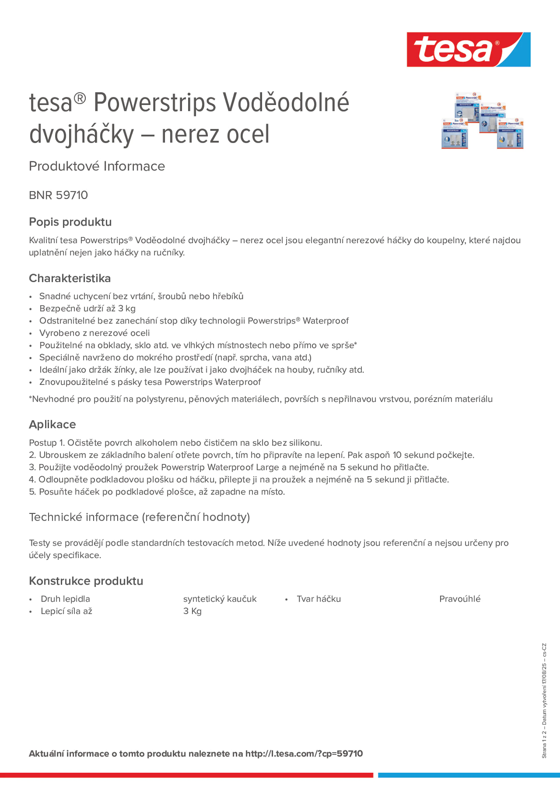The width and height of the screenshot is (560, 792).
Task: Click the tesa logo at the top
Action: (468, 49)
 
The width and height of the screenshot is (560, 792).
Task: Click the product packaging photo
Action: (482, 120)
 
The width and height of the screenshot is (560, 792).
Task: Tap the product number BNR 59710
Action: (58, 195)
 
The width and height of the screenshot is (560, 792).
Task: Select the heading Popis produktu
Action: (70, 222)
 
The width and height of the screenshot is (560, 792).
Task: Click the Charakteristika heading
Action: (70, 278)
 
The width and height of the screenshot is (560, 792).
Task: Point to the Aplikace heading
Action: (52, 424)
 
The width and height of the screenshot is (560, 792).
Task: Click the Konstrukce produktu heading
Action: (86, 581)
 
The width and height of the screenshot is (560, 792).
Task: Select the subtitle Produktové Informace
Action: (97, 166)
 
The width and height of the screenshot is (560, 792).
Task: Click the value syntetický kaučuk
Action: (220, 599)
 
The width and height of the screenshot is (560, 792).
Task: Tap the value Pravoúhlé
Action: (459, 599)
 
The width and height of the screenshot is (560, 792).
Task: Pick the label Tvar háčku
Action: (318, 599)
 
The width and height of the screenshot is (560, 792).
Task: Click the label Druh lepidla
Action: (65, 599)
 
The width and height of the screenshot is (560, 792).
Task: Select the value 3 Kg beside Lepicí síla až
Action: (192, 611)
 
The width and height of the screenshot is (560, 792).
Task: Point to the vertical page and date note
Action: (544, 701)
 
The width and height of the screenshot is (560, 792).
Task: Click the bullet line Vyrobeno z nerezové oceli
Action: (94, 333)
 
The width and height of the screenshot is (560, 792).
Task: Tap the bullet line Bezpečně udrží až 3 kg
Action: (87, 308)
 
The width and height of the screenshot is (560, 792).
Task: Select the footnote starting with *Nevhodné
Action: (261, 399)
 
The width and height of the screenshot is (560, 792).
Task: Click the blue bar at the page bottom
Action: (469, 775)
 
